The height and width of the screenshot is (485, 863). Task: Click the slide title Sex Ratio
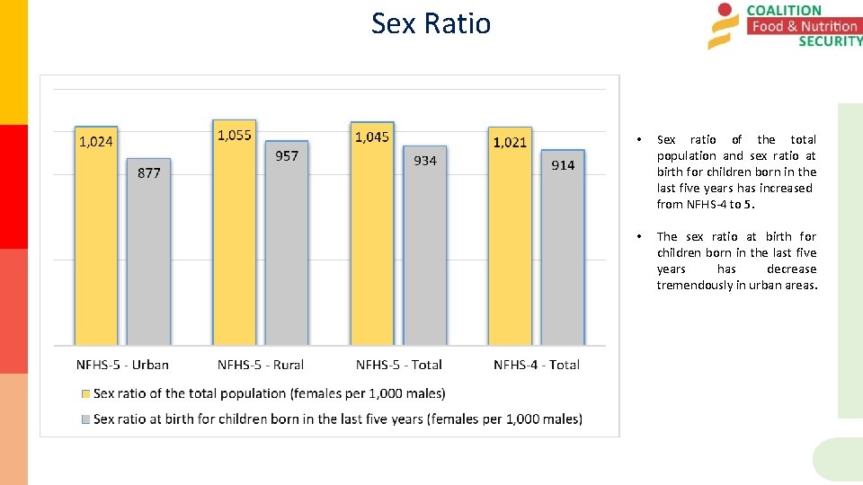tap(431, 22)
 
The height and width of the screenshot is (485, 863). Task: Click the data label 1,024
tap(96, 141)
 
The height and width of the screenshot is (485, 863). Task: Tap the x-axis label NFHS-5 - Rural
tap(261, 365)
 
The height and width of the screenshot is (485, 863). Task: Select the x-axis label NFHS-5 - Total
tap(398, 365)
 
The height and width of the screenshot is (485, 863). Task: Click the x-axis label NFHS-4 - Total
tap(537, 365)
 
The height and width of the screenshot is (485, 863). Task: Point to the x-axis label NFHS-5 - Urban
tap(122, 365)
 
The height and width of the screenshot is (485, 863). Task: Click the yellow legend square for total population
tap(86, 393)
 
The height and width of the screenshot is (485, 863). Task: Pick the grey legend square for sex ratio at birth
tap(86, 419)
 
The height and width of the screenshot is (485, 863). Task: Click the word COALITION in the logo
tap(784, 11)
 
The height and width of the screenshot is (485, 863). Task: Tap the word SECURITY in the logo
tap(830, 41)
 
